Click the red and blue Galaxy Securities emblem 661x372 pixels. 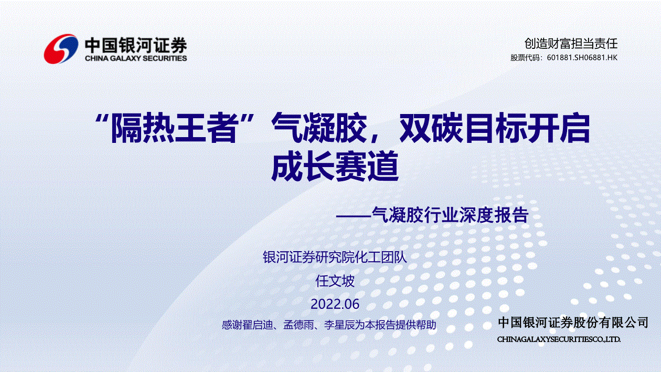tap(61, 49)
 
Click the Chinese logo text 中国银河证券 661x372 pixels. tap(136, 46)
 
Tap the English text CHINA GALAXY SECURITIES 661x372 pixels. tap(136, 58)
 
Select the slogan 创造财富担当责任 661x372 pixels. tap(571, 44)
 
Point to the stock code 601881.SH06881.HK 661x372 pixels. tap(582, 57)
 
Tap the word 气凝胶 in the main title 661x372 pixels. tap(319, 128)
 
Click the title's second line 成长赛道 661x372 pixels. tap(335, 166)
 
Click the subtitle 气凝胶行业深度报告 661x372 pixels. tap(450, 214)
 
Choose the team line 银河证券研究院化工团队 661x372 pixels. tap(335, 257)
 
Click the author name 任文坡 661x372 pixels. tap(335, 281)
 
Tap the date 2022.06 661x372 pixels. tap(335, 304)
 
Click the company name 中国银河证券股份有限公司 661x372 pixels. tap(573, 323)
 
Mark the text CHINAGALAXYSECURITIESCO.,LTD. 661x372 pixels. tap(559, 339)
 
